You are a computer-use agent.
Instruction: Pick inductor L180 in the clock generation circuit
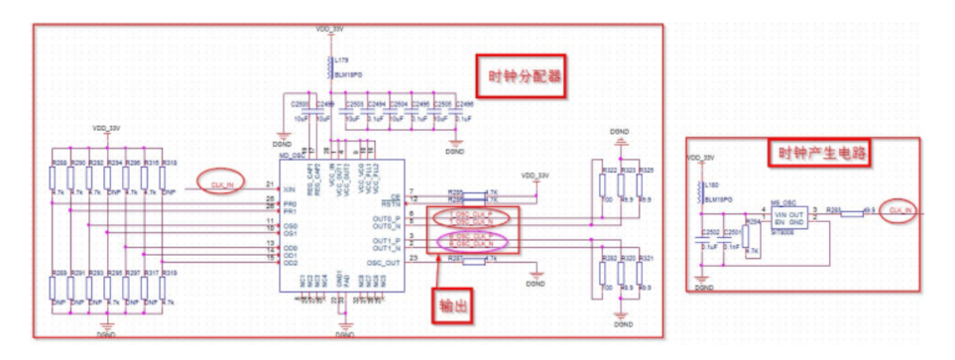[x=702, y=189]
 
